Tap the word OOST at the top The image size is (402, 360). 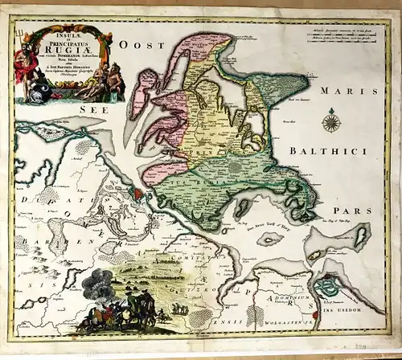tap(131, 47)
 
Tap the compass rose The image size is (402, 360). tap(329, 123)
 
